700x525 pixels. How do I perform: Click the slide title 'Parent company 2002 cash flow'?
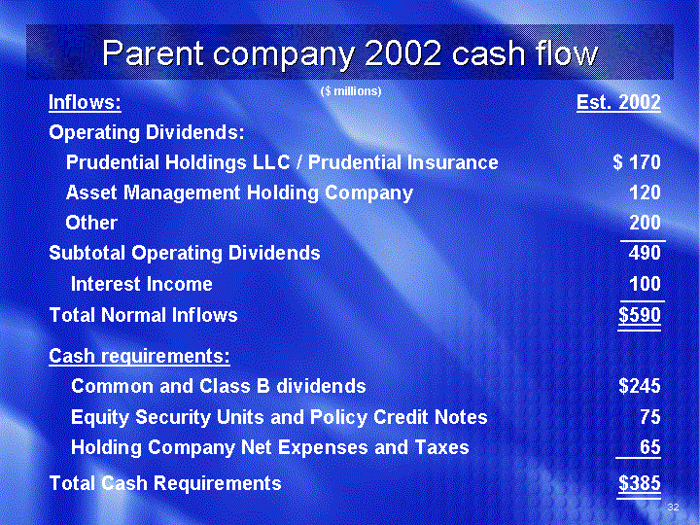pyautogui.click(x=350, y=53)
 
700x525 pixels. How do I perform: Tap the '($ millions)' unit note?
pyautogui.click(x=351, y=91)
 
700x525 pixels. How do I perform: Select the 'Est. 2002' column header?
pyautogui.click(x=618, y=102)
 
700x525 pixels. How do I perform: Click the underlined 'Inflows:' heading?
pyautogui.click(x=85, y=102)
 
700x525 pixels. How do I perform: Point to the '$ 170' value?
pyautogui.click(x=637, y=162)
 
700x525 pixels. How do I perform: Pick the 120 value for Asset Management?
pyautogui.click(x=645, y=192)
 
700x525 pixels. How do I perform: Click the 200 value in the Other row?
pyautogui.click(x=645, y=223)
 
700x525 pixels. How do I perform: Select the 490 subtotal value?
pyautogui.click(x=645, y=253)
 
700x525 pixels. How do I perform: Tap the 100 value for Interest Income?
pyautogui.click(x=645, y=284)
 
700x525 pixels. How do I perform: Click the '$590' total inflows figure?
pyautogui.click(x=640, y=315)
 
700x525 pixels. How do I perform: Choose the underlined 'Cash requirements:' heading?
pyautogui.click(x=139, y=356)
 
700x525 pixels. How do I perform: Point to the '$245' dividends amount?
pyautogui.click(x=640, y=386)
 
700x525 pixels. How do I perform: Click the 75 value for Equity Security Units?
pyautogui.click(x=650, y=416)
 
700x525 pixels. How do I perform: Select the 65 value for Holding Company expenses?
pyautogui.click(x=650, y=447)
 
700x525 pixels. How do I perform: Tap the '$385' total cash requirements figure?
pyautogui.click(x=640, y=483)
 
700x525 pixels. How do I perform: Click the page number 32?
pyautogui.click(x=673, y=507)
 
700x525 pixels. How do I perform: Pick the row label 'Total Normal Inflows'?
pyautogui.click(x=143, y=315)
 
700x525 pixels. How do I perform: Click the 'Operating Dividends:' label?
pyautogui.click(x=147, y=132)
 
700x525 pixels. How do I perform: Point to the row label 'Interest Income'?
pyautogui.click(x=142, y=284)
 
